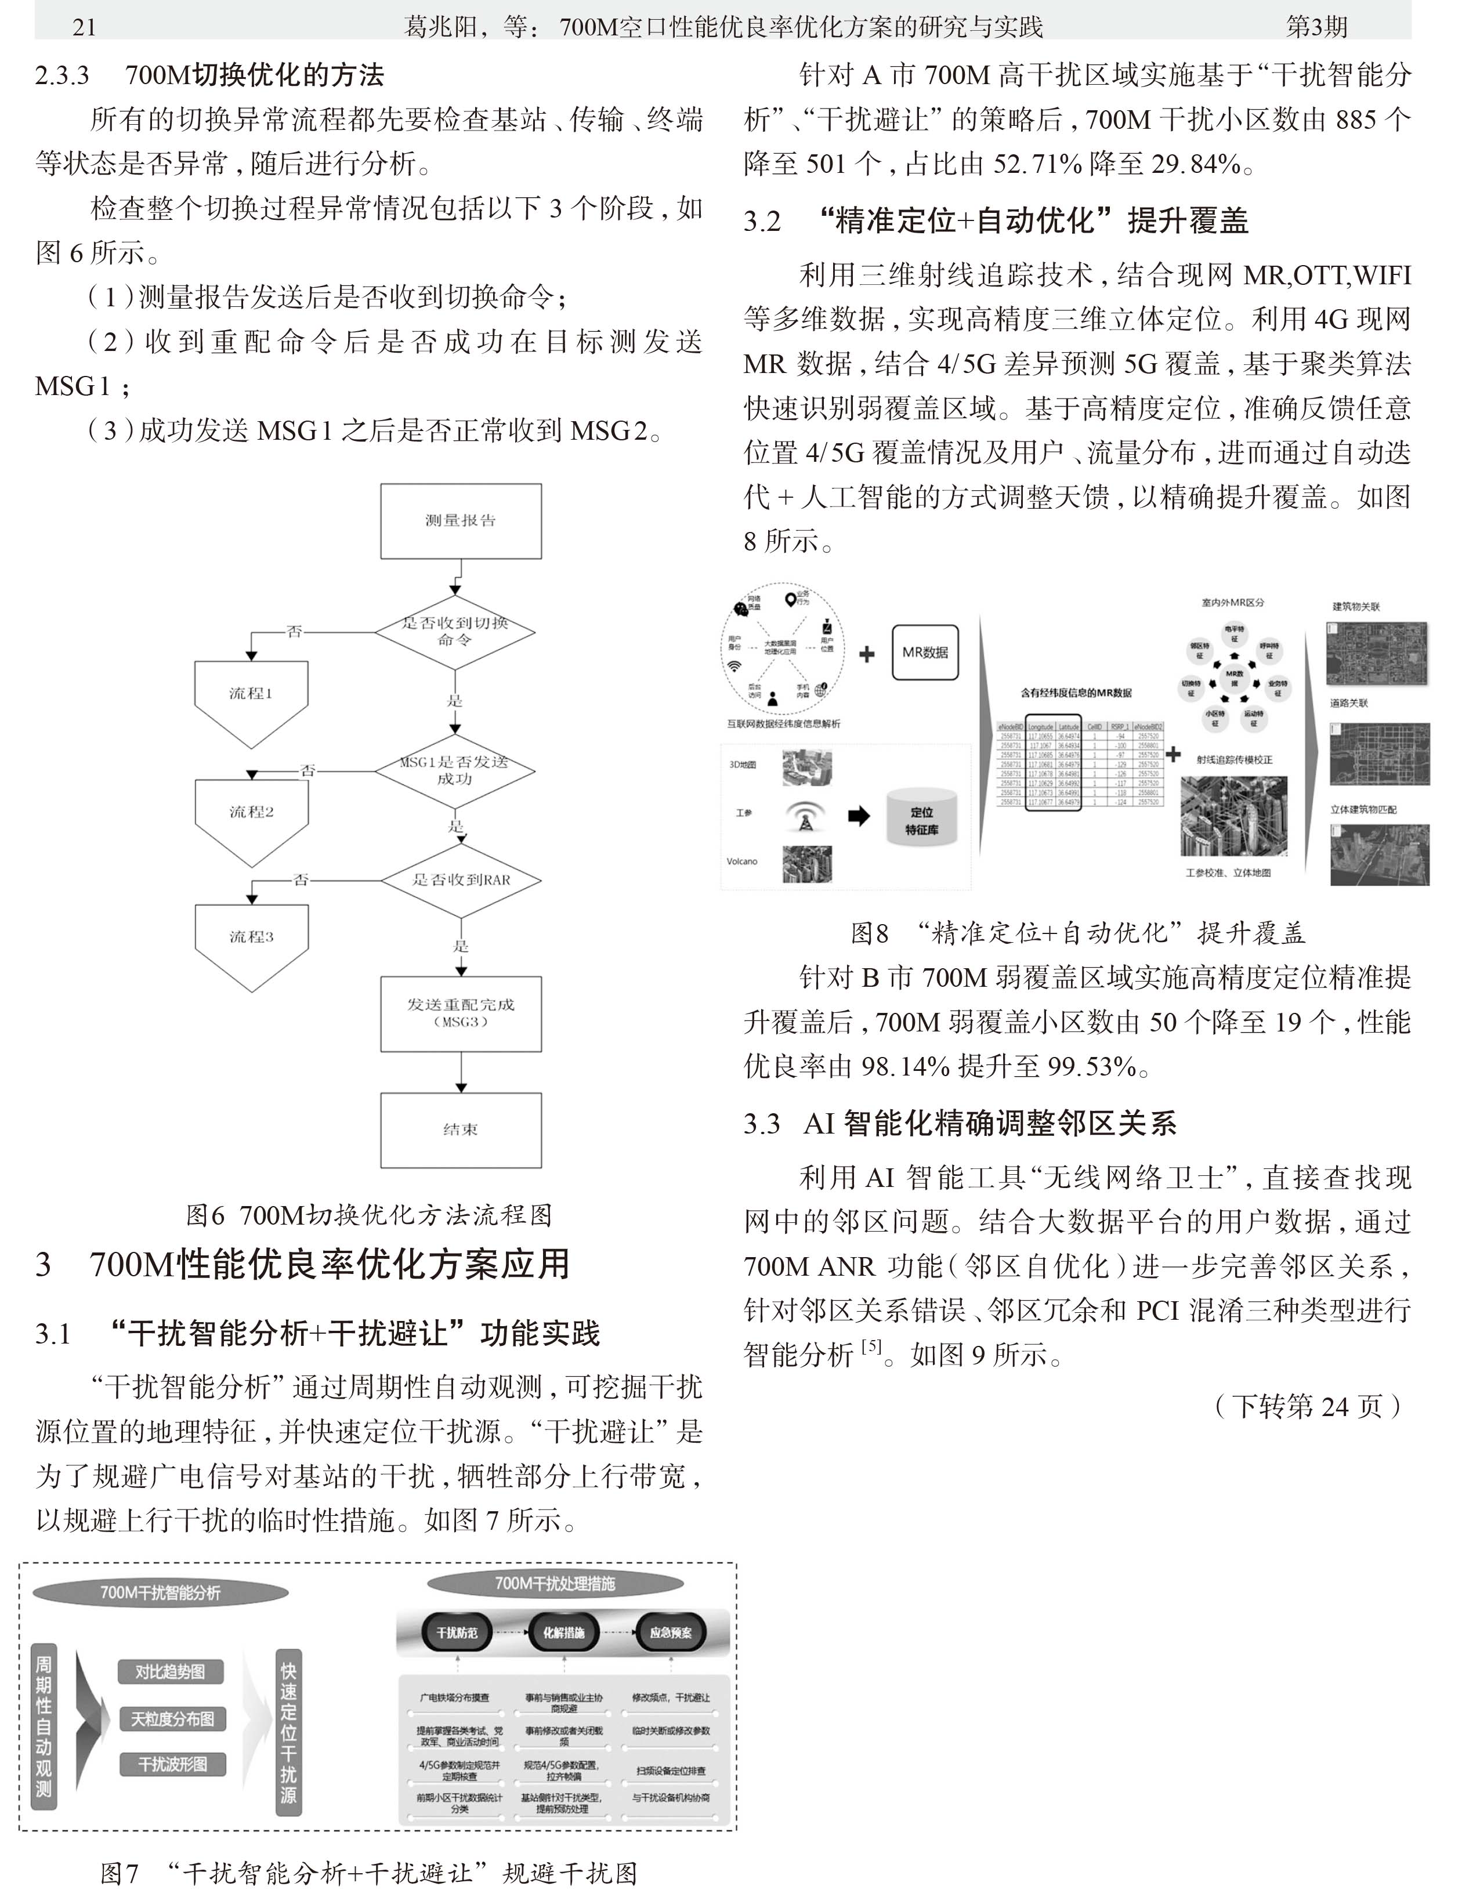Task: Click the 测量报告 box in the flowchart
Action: tap(460, 521)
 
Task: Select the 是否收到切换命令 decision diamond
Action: tap(455, 632)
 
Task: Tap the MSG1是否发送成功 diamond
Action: tap(455, 770)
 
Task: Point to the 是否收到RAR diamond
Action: tap(461, 880)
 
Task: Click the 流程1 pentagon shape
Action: tap(251, 699)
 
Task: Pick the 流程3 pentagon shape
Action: tap(251, 943)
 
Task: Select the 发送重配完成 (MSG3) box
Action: tap(460, 1013)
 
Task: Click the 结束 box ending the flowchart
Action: tap(460, 1129)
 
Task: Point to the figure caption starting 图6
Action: tap(368, 1214)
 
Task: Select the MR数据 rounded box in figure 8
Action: tap(925, 652)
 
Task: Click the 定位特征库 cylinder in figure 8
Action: tap(921, 820)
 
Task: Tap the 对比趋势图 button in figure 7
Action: tap(170, 1672)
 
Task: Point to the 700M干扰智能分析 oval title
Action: tap(161, 1592)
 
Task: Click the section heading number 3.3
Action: tap(762, 1125)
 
